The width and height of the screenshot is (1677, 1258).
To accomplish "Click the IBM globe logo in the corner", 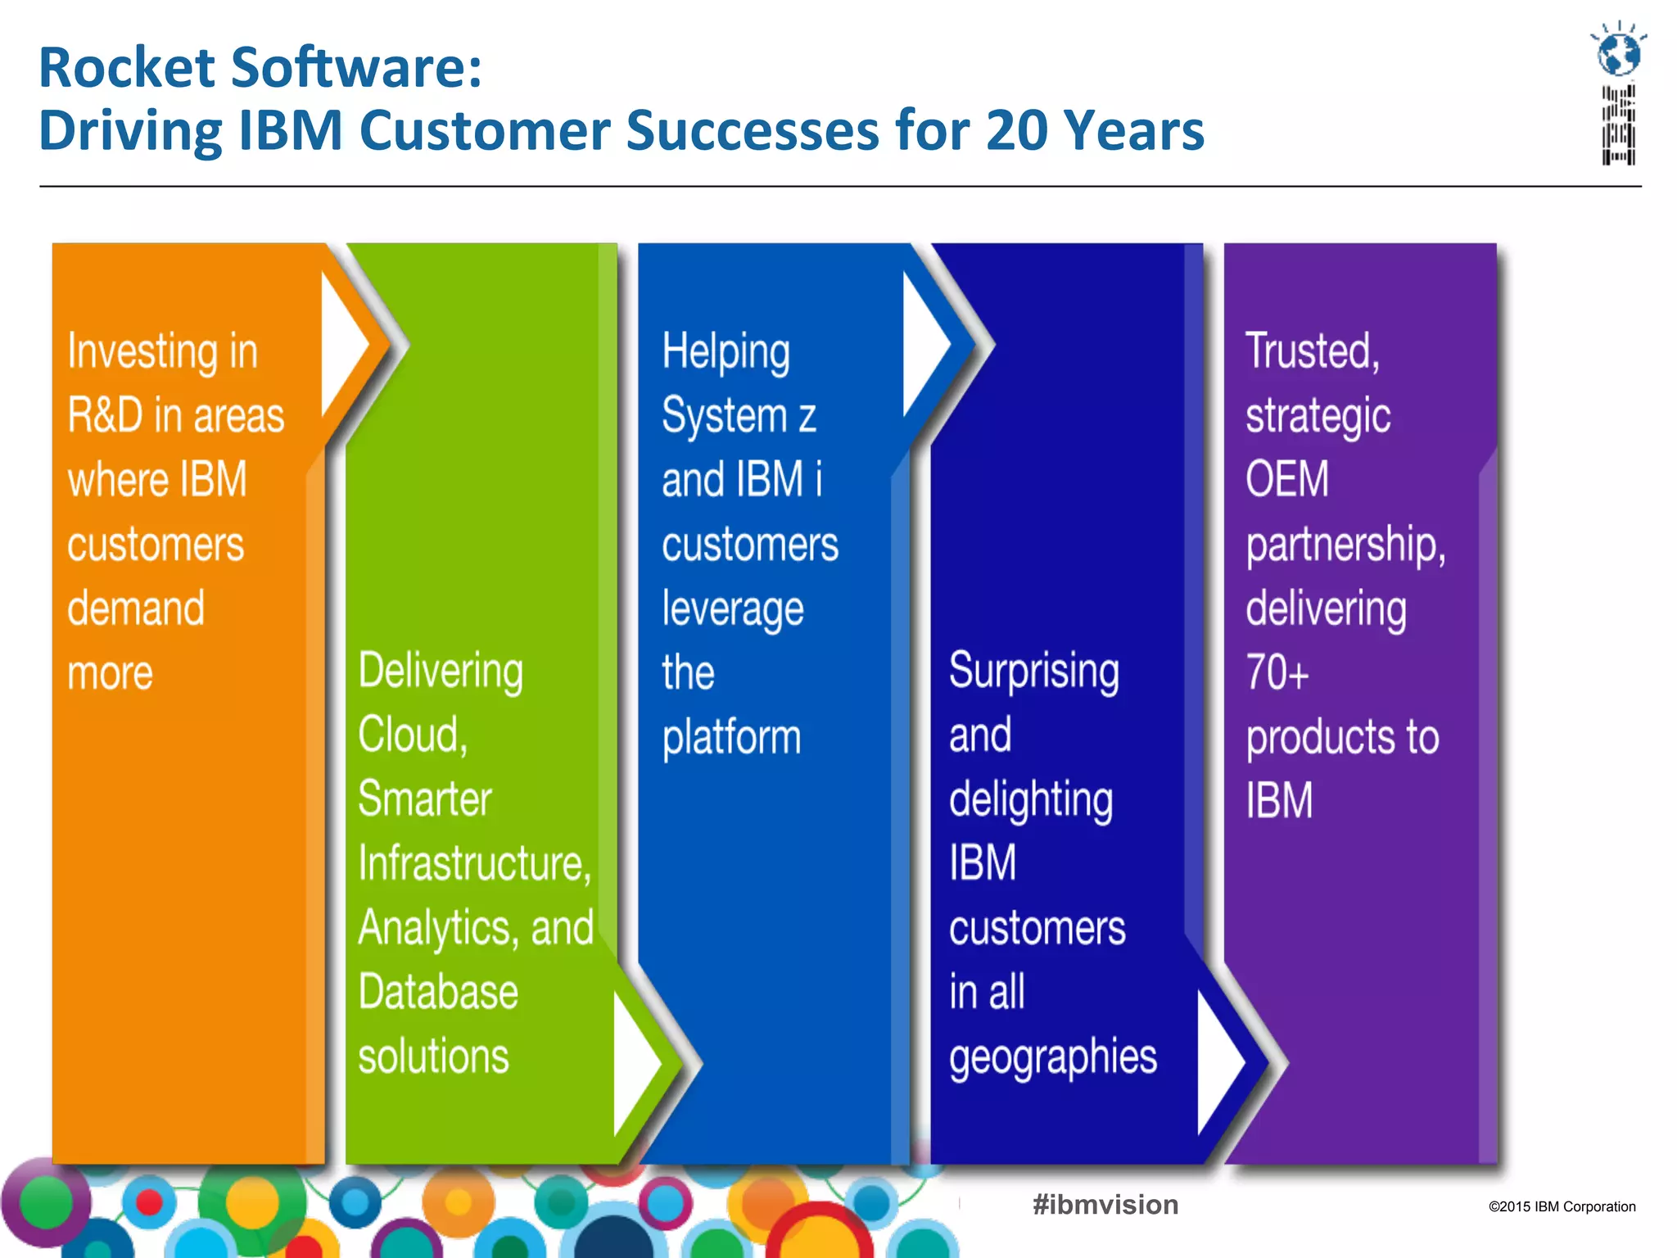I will (1619, 92).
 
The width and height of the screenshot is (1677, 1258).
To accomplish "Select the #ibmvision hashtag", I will (1105, 1205).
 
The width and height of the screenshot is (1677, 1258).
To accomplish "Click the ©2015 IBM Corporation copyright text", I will (1562, 1206).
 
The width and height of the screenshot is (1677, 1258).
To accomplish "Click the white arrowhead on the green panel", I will (634, 1063).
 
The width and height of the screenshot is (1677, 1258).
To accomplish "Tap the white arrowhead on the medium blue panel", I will (924, 344).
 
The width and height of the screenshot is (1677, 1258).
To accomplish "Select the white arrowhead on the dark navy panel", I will (1218, 1063).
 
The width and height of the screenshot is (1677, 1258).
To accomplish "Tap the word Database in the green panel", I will (438, 992).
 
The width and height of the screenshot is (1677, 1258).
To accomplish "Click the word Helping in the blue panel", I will (725, 352).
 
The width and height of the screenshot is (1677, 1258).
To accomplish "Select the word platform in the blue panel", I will (731, 738).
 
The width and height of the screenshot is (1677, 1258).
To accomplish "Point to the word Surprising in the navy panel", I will (1033, 672).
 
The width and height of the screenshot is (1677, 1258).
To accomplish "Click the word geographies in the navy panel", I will (1052, 1057).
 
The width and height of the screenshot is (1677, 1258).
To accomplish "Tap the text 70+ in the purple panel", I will (1277, 672).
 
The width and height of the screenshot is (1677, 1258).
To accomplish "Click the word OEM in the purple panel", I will (1286, 479).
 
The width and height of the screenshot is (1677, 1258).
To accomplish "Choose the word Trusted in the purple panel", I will (1311, 351).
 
